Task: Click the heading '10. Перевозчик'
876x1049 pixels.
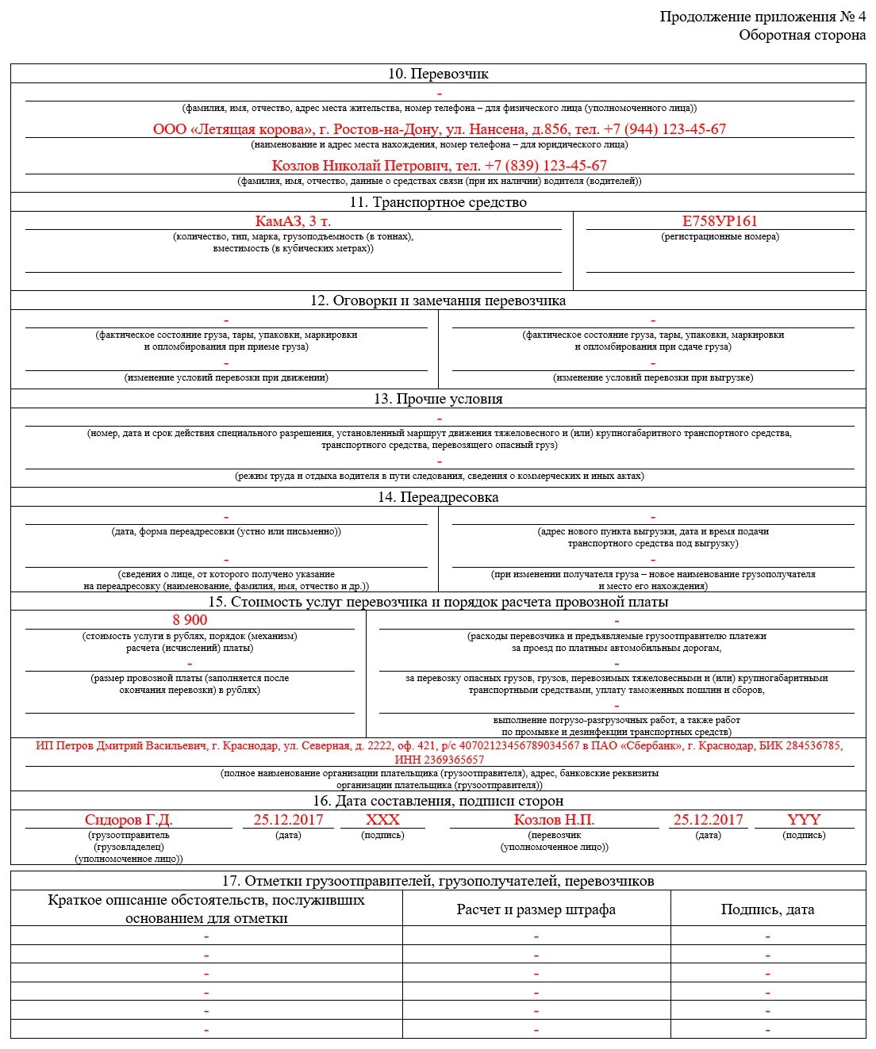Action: point(438,74)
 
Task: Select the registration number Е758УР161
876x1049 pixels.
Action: point(720,221)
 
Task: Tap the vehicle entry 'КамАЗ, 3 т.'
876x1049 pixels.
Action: point(293,221)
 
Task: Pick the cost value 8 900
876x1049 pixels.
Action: point(190,620)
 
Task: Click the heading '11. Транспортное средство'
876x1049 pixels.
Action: point(438,202)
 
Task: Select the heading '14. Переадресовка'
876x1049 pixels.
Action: point(438,497)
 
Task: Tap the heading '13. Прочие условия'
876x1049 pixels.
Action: point(438,399)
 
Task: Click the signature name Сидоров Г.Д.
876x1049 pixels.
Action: point(129,820)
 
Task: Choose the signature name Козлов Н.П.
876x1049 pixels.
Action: point(554,820)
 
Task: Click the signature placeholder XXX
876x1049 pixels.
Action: point(382,820)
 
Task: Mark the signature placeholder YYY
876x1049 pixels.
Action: point(804,820)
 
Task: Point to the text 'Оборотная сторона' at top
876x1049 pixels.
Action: point(802,35)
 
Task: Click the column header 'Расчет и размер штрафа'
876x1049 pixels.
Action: point(536,909)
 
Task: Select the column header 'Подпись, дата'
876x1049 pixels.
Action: point(767,909)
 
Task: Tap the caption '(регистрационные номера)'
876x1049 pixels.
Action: point(720,236)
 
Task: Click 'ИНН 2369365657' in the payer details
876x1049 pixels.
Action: point(439,760)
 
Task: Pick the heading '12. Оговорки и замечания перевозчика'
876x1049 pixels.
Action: point(438,301)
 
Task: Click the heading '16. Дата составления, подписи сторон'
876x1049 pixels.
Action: point(438,801)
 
